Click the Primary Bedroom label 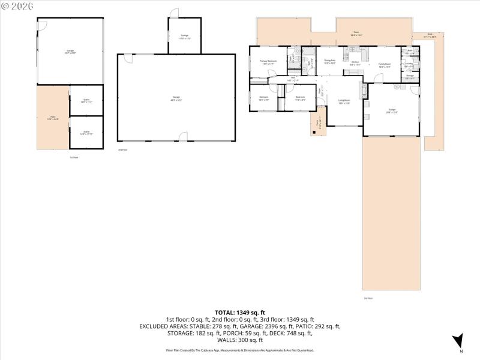(x=268, y=62)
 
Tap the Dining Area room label (x=329, y=61)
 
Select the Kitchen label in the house (x=355, y=63)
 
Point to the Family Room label (x=385, y=65)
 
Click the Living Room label (x=344, y=101)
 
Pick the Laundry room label (x=409, y=65)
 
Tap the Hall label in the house (x=293, y=78)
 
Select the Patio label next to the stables (x=53, y=118)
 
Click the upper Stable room (x=86, y=101)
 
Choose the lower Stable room (x=86, y=132)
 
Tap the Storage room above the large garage (x=184, y=37)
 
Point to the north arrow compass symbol (x=458, y=341)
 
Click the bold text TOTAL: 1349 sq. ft (x=239, y=313)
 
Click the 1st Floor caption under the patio (x=74, y=157)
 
